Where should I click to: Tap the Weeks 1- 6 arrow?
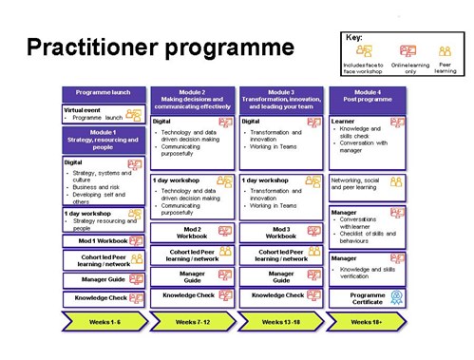[104, 322]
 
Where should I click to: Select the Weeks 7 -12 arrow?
[192, 322]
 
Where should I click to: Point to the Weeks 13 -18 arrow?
[280, 322]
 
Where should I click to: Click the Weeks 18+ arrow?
[367, 322]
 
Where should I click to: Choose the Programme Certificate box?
[368, 297]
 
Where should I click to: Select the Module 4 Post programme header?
[368, 95]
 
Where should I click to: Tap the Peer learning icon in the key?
[444, 51]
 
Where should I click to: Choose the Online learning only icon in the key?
[408, 51]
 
